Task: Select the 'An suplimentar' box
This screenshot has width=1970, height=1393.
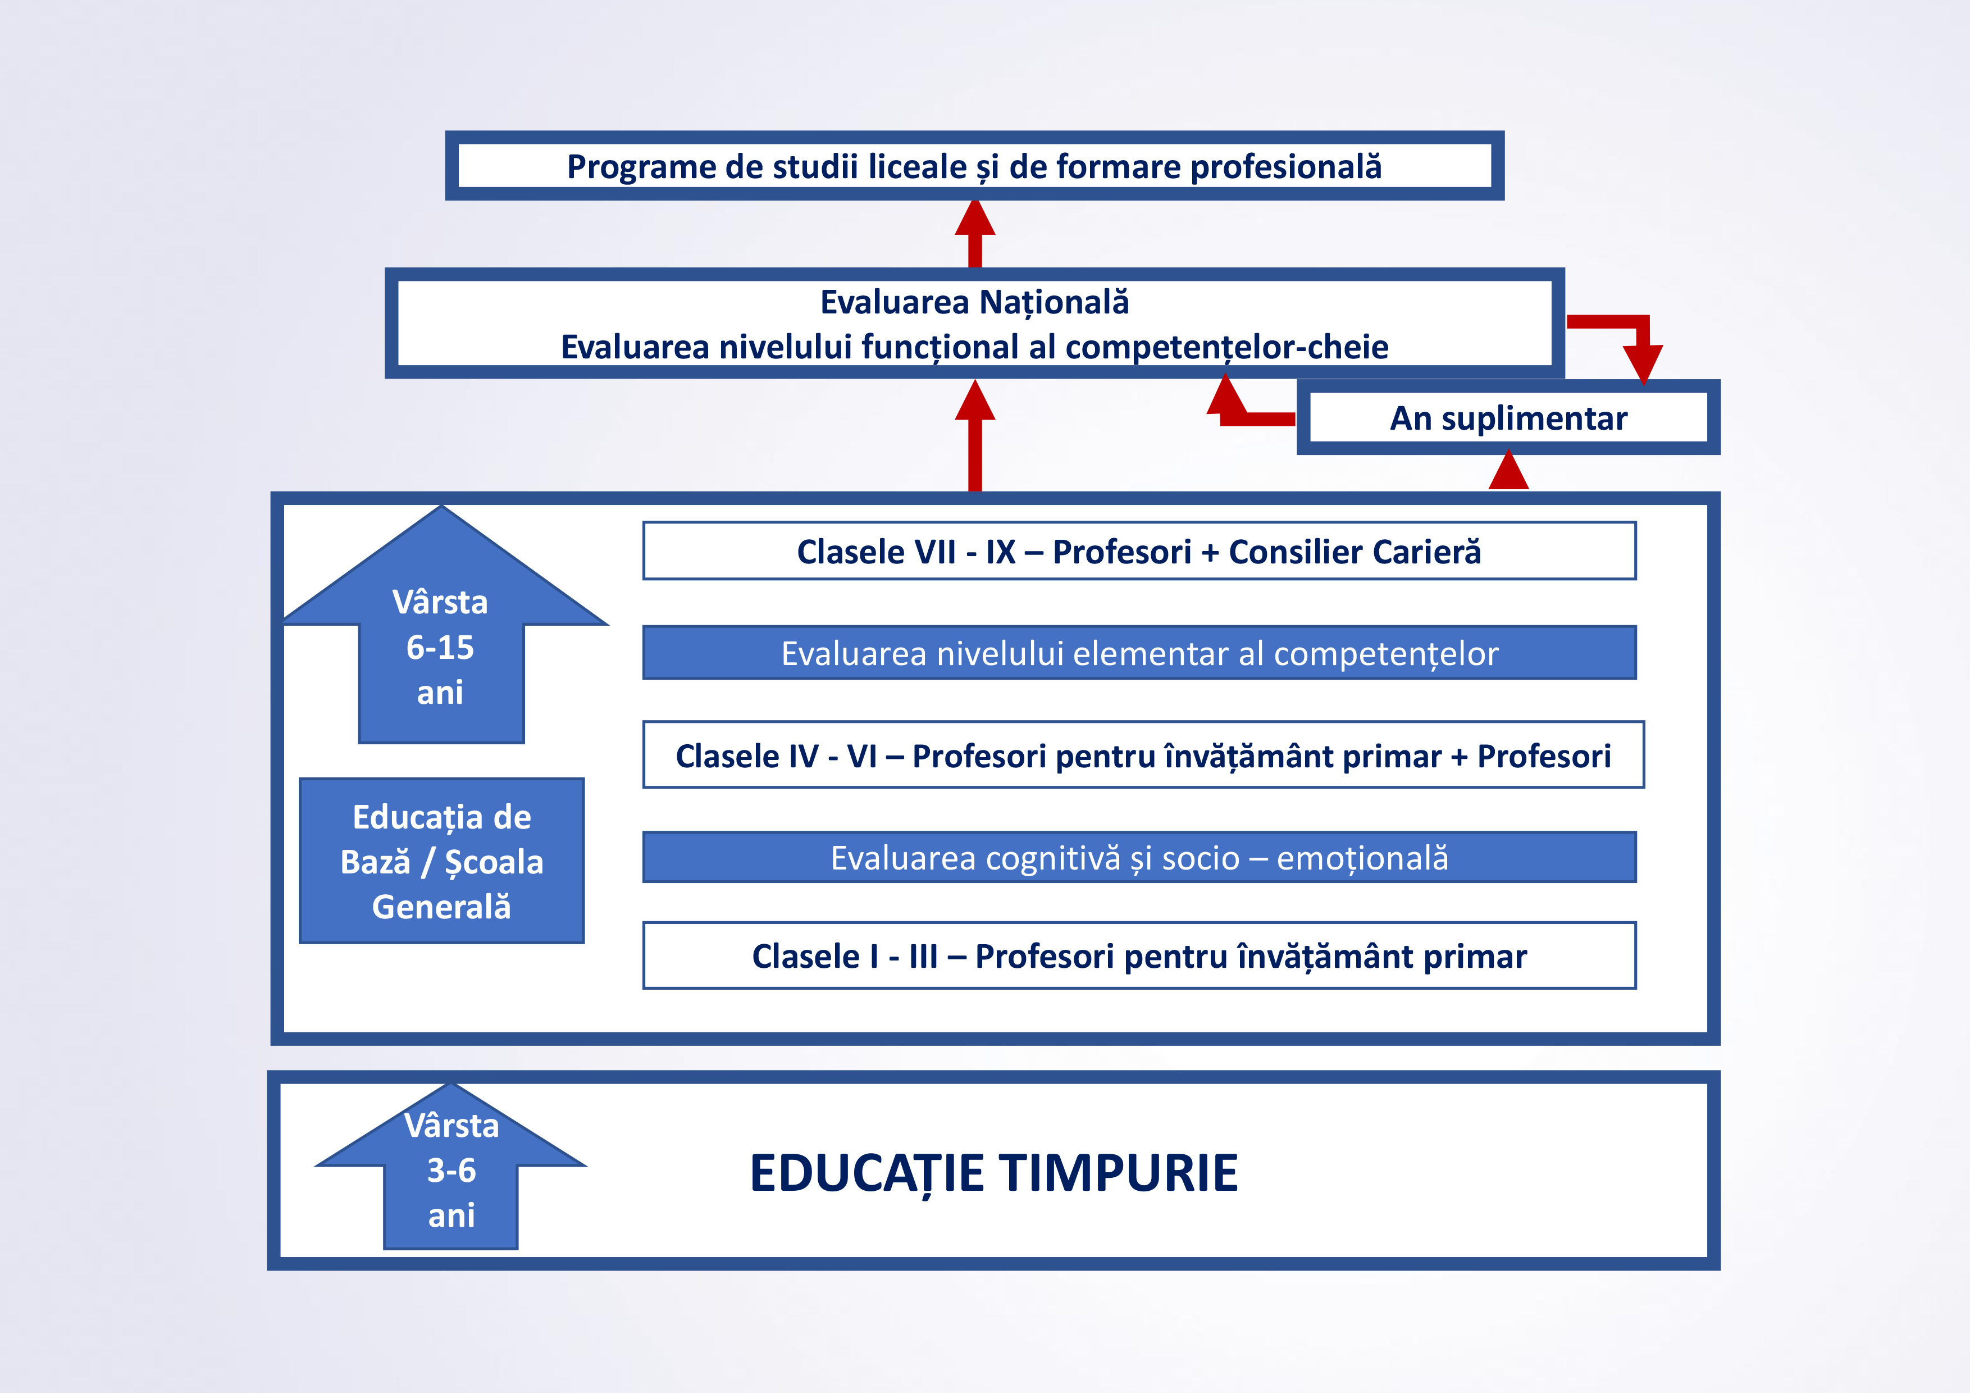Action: click(1508, 417)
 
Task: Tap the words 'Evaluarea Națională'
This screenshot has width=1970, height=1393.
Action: click(975, 302)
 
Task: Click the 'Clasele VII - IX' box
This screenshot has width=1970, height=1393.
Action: click(1139, 551)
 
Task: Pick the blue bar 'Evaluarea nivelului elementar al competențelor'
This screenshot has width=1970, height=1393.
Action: click(1139, 653)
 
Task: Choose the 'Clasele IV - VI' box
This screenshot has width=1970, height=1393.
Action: click(1144, 755)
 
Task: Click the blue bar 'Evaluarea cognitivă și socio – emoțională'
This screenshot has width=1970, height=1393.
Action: click(1139, 858)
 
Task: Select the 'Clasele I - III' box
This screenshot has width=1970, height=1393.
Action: click(1139, 956)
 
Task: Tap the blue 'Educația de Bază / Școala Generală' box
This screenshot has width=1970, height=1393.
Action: click(442, 861)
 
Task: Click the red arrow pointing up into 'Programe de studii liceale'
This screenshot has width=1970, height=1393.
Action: click(975, 234)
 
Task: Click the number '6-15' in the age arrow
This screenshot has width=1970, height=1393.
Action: click(440, 647)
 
